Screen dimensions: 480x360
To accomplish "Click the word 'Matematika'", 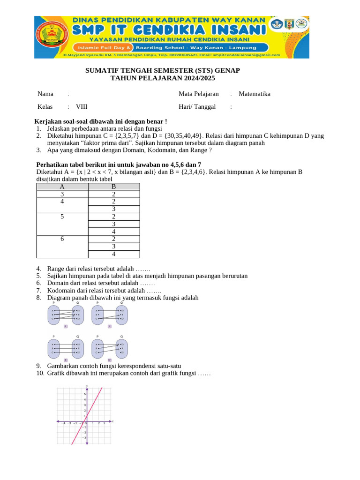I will pos(255,94).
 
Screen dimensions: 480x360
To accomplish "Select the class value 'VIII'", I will pos(82,106).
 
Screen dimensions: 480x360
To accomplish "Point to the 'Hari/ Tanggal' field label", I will pos(197,106).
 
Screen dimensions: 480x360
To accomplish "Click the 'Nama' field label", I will pos(45,94).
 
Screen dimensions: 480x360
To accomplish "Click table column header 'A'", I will pos(62,187).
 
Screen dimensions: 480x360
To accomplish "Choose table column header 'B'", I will pos(113,187).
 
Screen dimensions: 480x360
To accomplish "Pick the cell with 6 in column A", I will pos(62,239).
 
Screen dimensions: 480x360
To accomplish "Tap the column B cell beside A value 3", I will pos(113,194).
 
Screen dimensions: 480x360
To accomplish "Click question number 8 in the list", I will pos(38,298).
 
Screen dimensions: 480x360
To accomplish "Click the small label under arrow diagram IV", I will pos(109,360).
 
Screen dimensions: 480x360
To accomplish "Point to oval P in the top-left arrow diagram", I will pos(54,315).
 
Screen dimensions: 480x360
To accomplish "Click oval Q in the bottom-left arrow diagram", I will pos(78,348).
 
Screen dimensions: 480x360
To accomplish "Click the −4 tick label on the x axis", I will pos(63,423).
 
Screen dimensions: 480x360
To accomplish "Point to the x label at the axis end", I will pos(113,421).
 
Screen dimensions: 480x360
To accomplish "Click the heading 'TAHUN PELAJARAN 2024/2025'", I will pos(163,78).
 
